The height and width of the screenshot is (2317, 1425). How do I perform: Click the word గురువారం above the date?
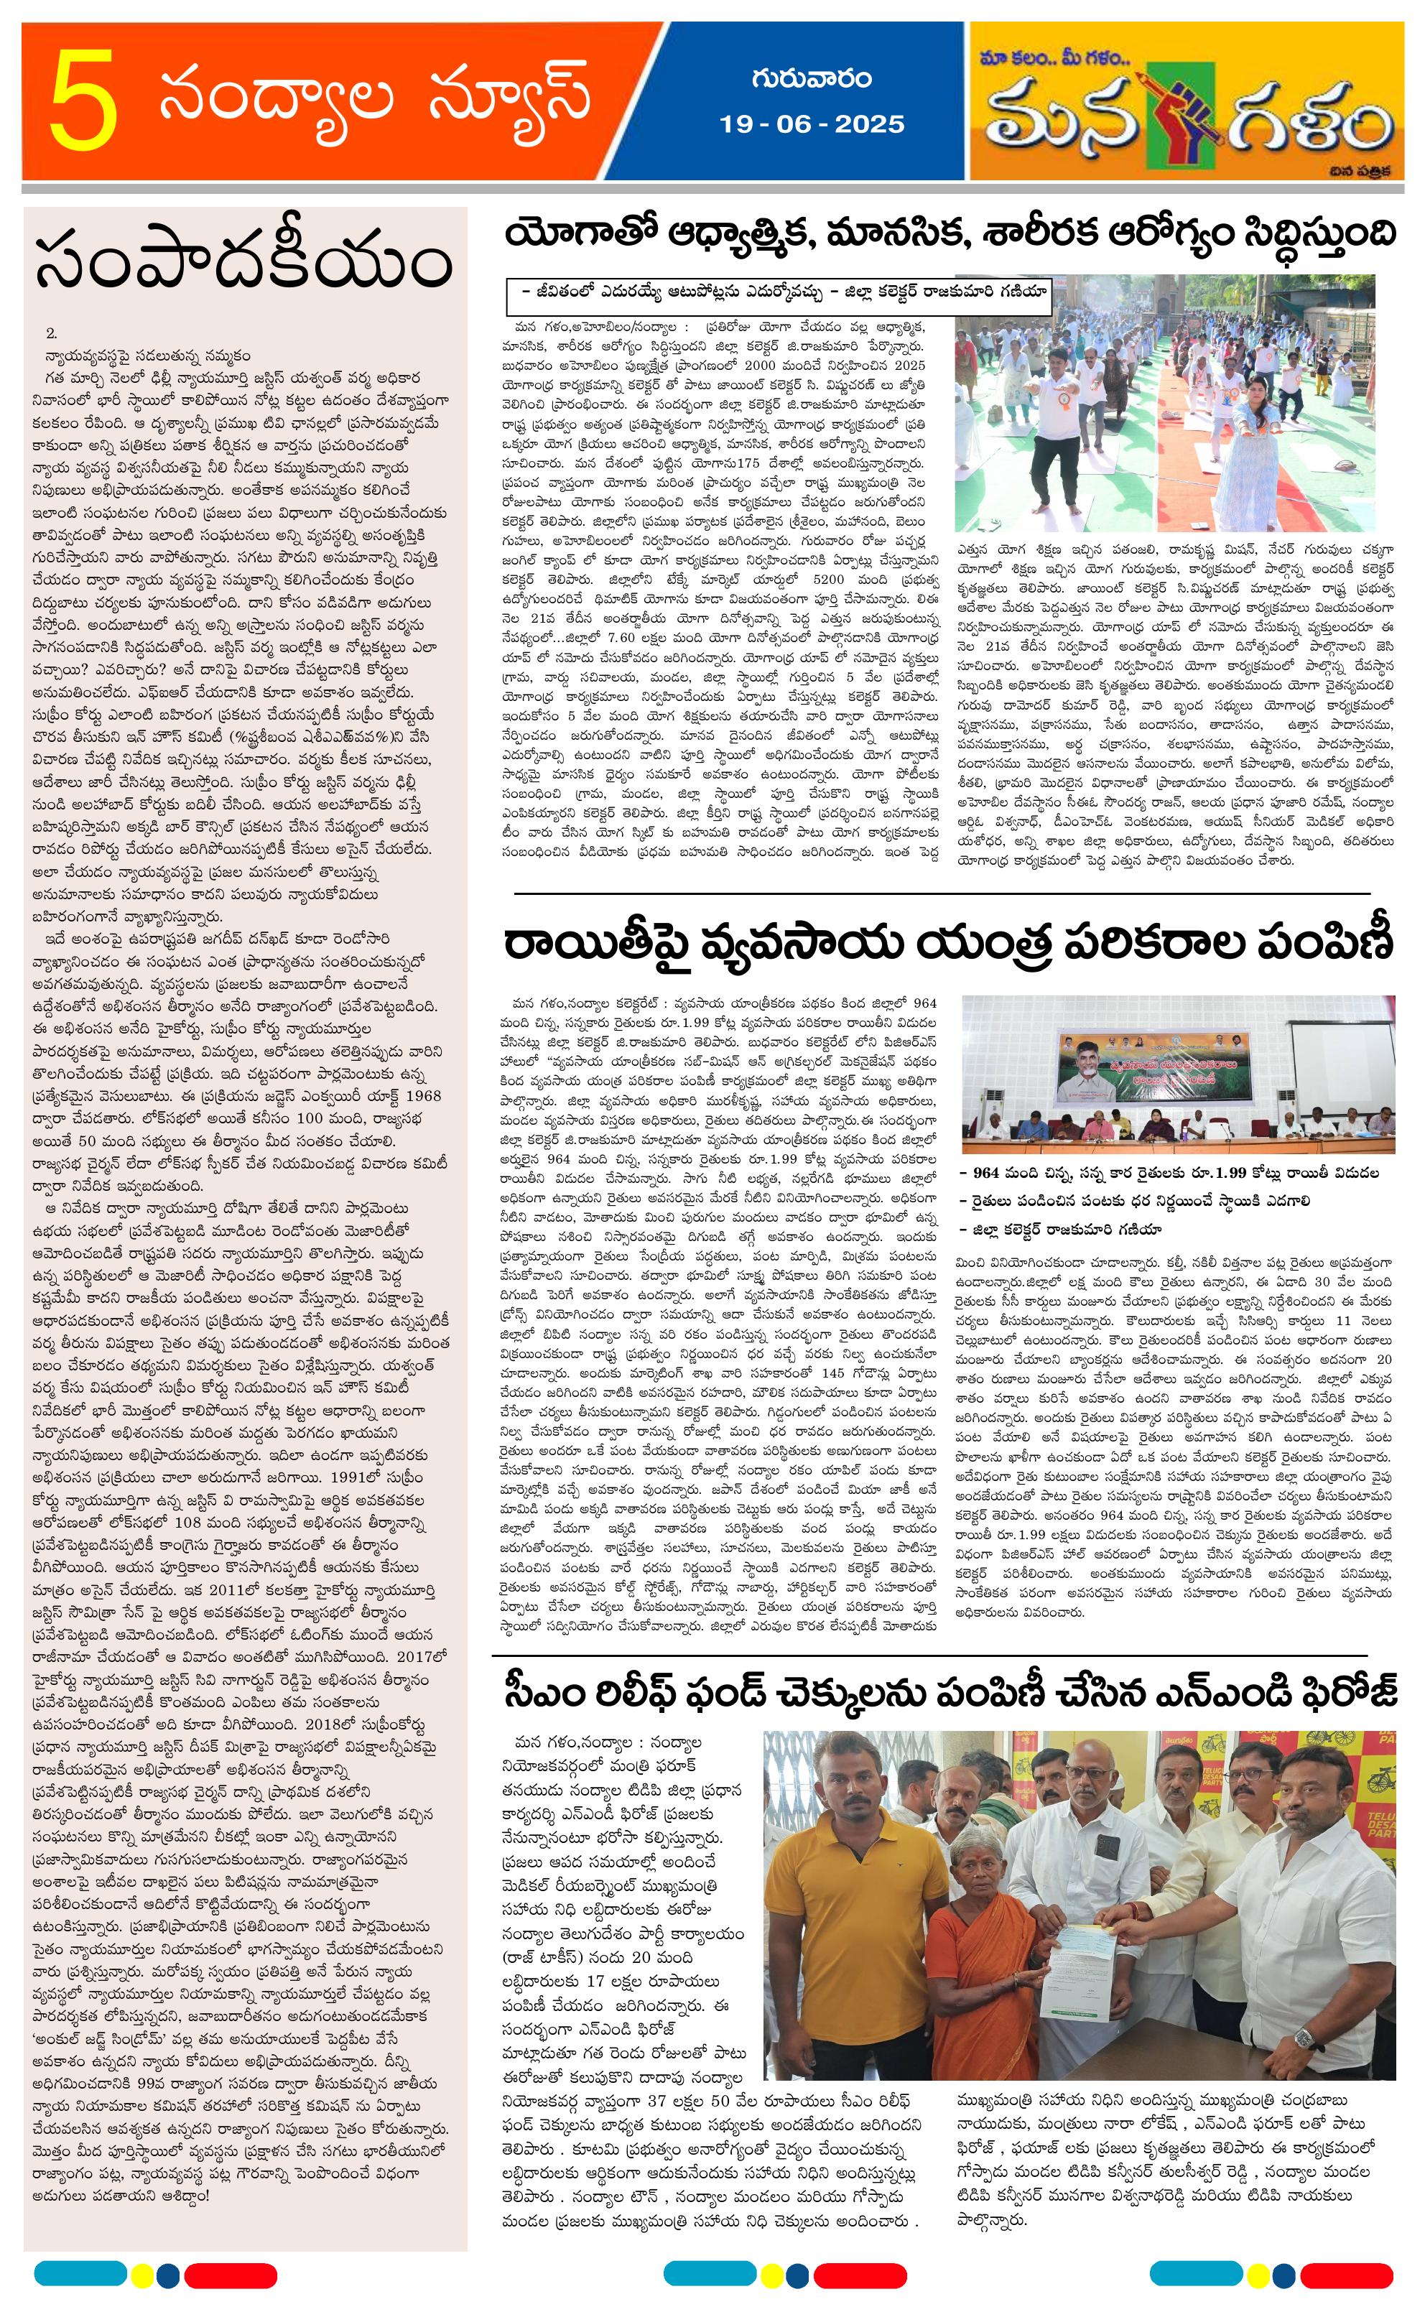tap(812, 78)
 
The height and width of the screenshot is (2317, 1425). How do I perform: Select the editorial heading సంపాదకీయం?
tap(243, 265)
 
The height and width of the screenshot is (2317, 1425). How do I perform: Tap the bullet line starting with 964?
tap(1169, 1174)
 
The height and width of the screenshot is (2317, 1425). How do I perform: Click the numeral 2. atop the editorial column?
tap(52, 333)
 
